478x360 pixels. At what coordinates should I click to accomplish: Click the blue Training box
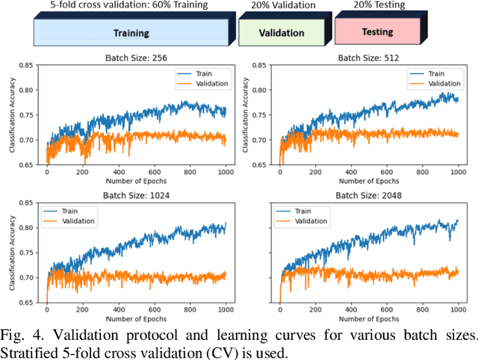[131, 33]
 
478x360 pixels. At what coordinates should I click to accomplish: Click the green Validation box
[282, 33]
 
